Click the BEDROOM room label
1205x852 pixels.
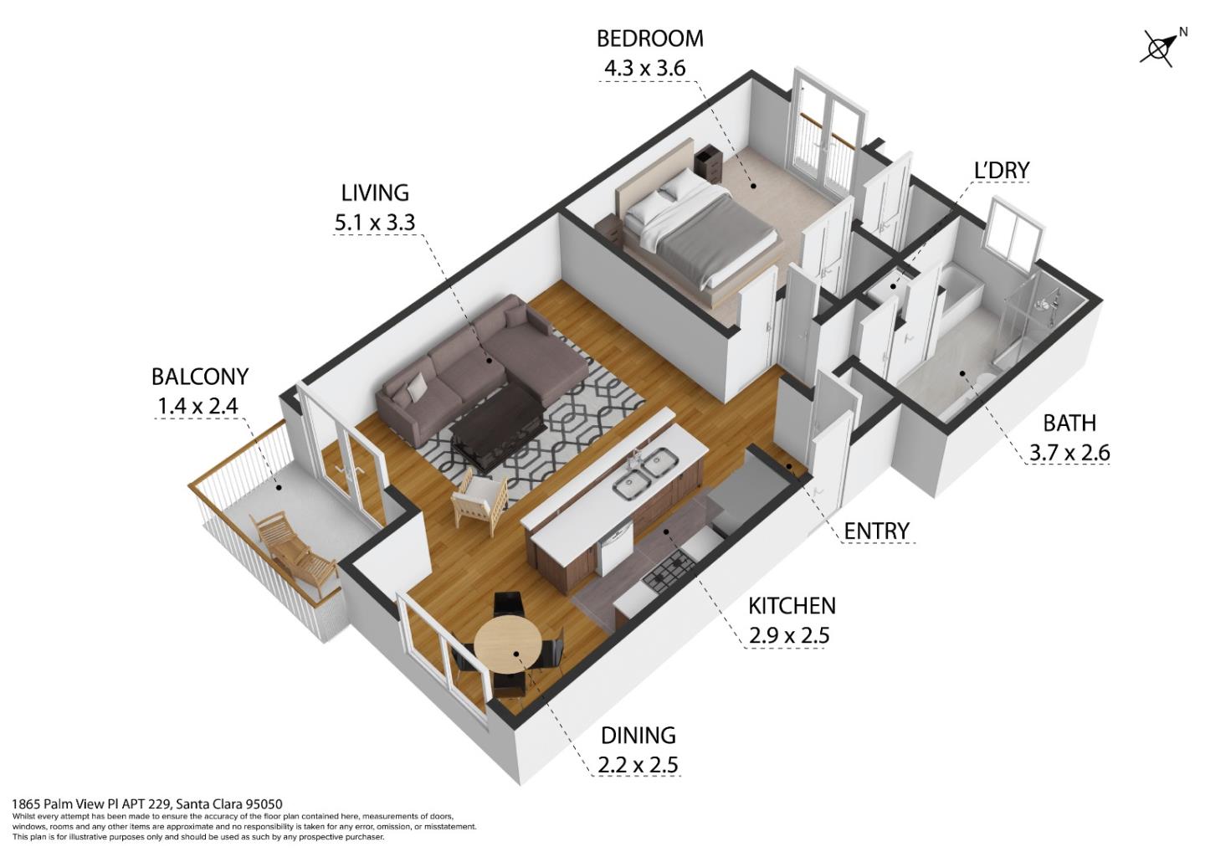[x=649, y=38]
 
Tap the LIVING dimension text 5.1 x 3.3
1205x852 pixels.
[x=375, y=223]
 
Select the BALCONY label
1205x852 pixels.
[x=200, y=377]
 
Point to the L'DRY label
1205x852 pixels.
[x=1001, y=170]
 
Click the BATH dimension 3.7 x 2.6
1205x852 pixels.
[x=1069, y=453]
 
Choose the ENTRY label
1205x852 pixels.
[x=875, y=531]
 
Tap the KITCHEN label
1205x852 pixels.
[x=791, y=605]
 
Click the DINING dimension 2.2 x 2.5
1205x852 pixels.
[x=638, y=764]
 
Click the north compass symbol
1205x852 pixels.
[x=1160, y=48]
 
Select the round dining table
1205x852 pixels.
[x=508, y=644]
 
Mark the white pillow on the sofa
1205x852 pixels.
[x=416, y=387]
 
